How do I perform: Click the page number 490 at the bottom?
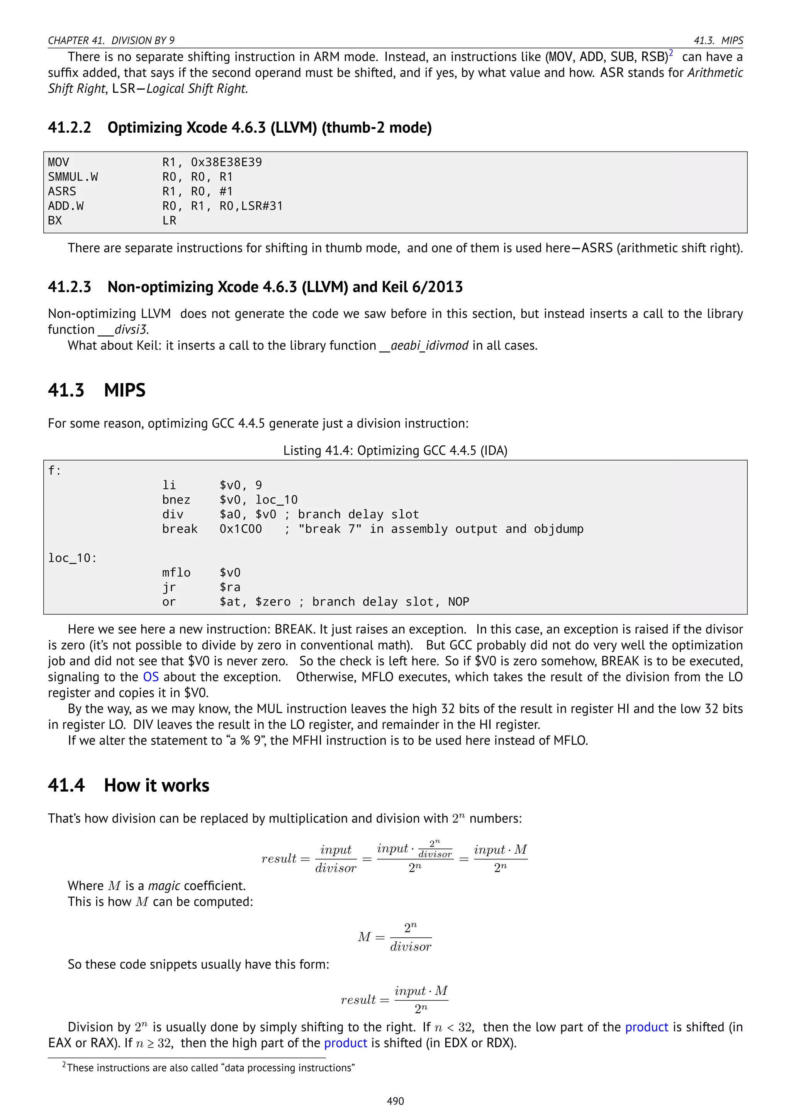click(x=395, y=1100)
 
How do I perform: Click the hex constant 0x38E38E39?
click(x=226, y=162)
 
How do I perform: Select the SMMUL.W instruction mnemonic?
click(x=73, y=177)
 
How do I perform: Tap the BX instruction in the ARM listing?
click(x=55, y=221)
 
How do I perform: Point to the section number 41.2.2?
click(x=69, y=128)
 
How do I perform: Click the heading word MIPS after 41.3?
click(x=125, y=390)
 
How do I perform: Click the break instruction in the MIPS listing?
click(x=180, y=529)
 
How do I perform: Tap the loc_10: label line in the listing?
click(x=73, y=558)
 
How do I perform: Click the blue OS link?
click(x=151, y=677)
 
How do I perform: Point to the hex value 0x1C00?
click(x=241, y=529)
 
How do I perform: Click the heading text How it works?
click(x=156, y=786)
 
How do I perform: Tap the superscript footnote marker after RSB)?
click(x=671, y=53)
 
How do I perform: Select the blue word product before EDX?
click(x=345, y=1043)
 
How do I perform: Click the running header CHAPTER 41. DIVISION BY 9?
click(x=111, y=41)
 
